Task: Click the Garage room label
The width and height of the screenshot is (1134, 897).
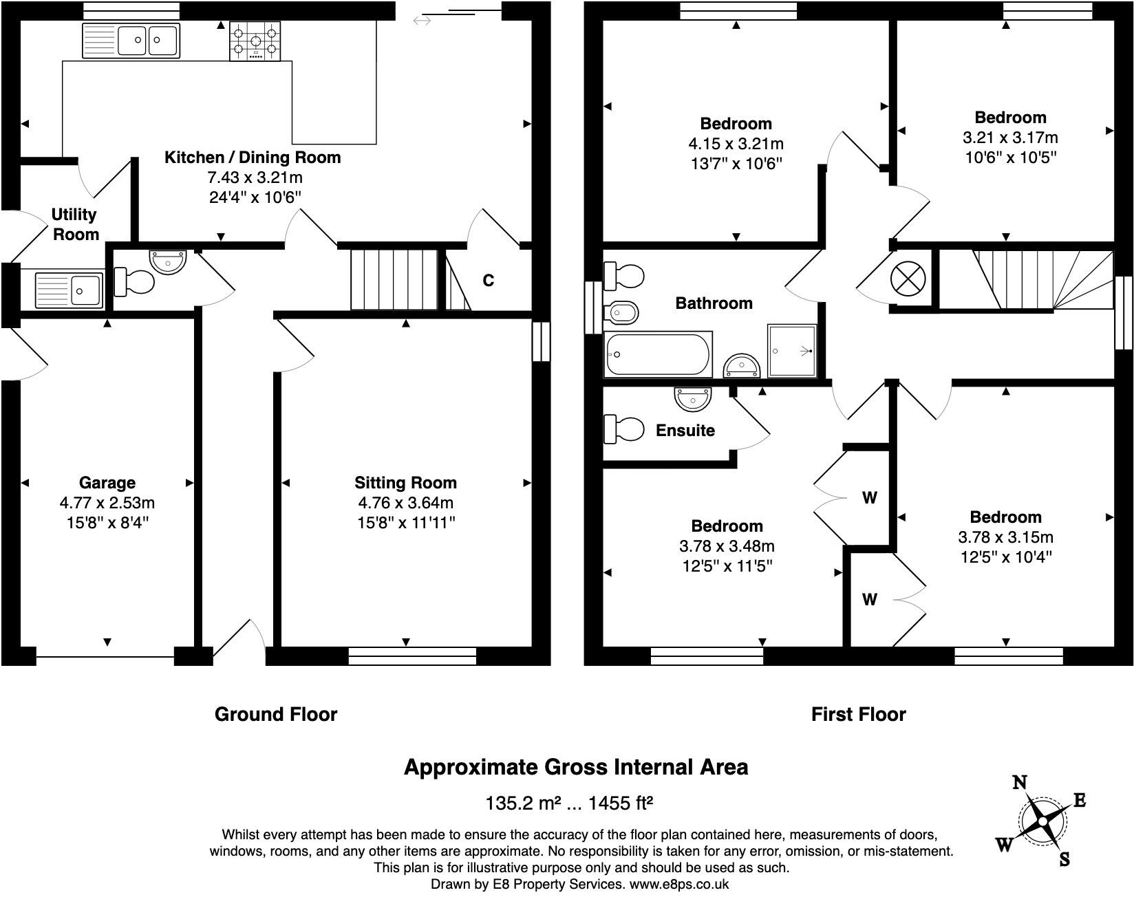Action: [107, 483]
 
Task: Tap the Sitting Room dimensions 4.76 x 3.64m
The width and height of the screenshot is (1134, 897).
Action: [405, 503]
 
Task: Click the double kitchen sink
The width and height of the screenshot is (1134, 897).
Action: [131, 40]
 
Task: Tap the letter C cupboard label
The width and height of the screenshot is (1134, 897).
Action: [488, 281]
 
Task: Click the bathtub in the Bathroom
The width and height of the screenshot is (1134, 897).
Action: [658, 354]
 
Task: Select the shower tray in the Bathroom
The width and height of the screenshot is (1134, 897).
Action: [792, 351]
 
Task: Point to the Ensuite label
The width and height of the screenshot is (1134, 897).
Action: [685, 431]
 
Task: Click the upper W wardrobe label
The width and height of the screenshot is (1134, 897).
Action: [869, 497]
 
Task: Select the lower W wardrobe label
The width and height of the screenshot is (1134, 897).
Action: [869, 600]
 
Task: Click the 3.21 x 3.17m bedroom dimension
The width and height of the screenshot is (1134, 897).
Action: [1010, 138]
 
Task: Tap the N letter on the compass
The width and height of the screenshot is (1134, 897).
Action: [1020, 782]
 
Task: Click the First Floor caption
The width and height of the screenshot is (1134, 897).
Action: [858, 715]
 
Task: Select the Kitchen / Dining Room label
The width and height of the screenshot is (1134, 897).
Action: [253, 158]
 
